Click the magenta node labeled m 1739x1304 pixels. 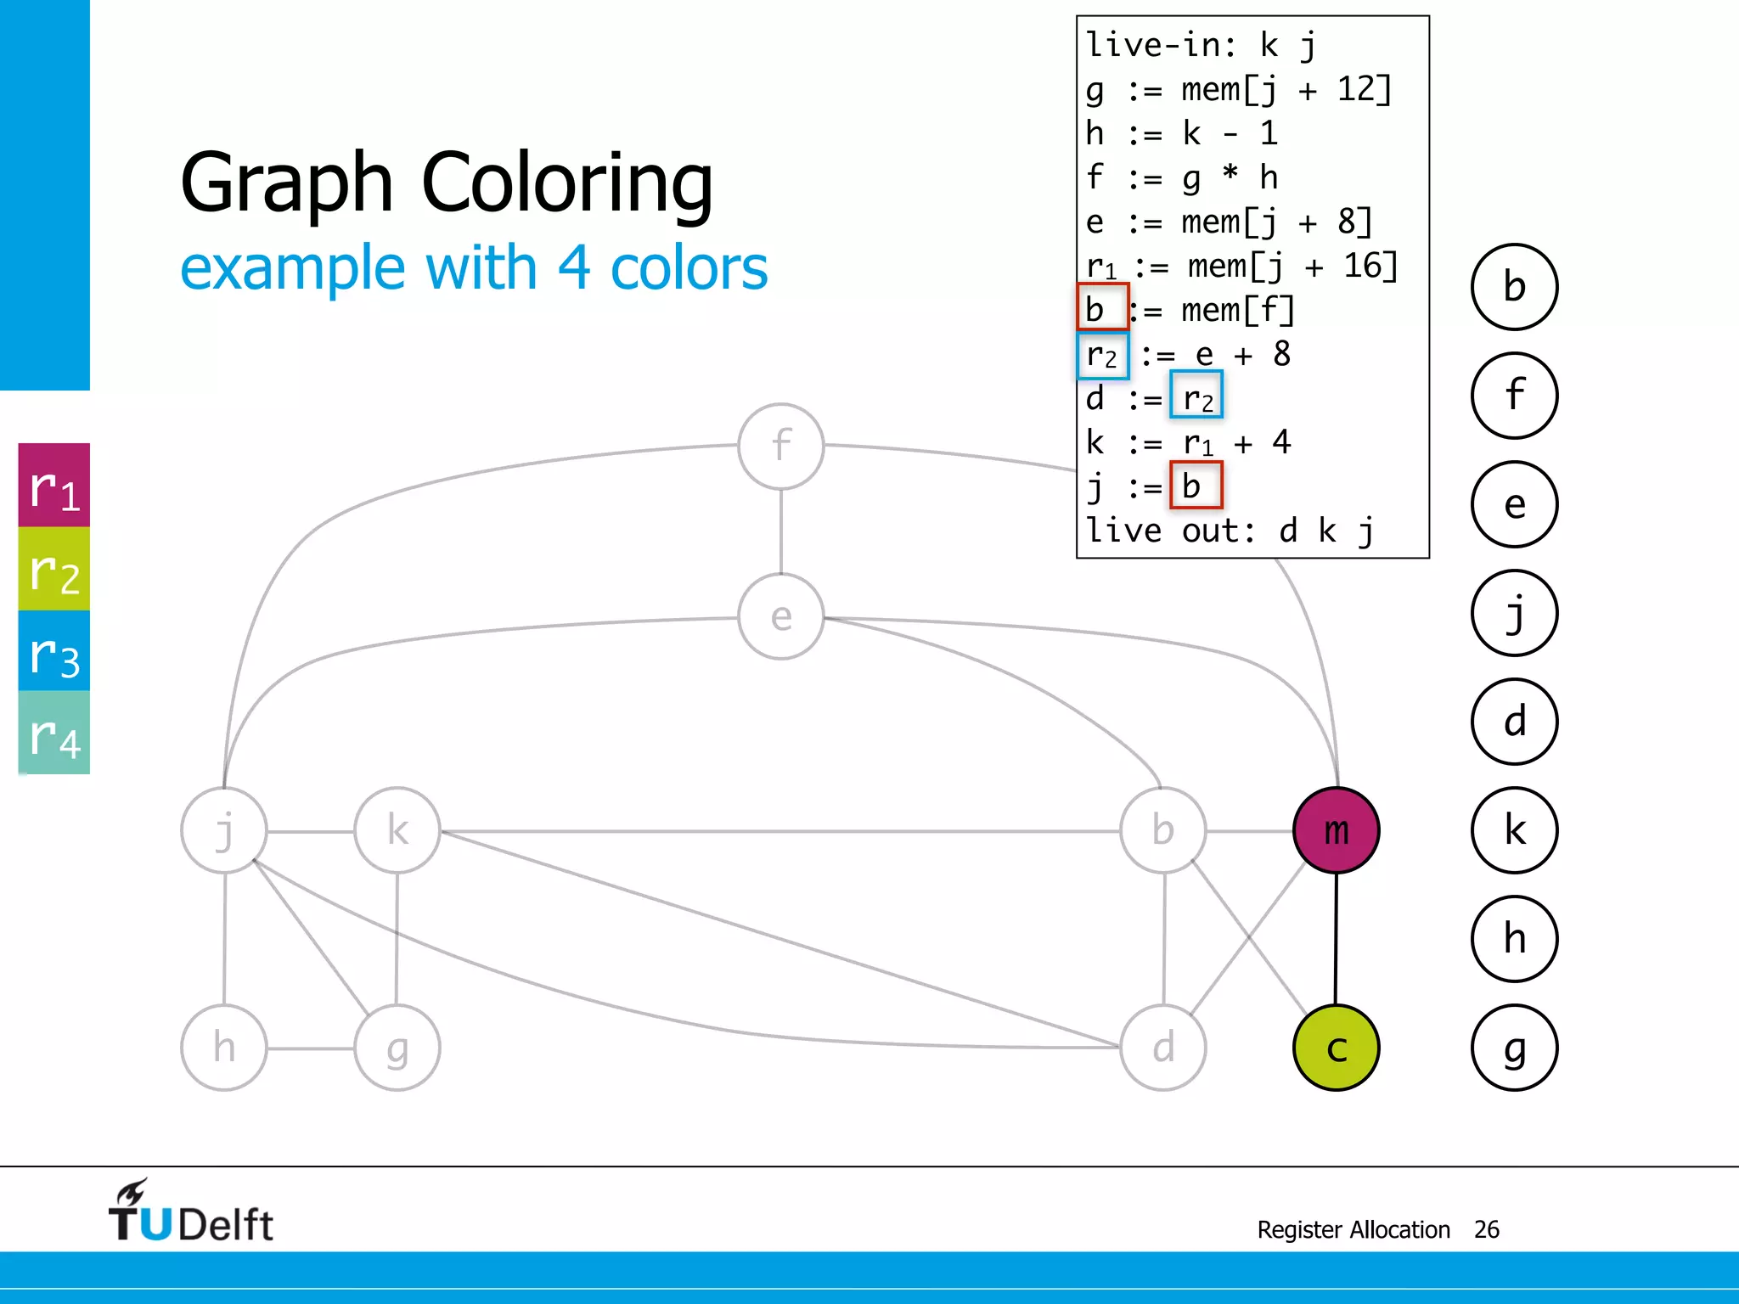point(1336,829)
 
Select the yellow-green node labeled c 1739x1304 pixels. point(1336,1048)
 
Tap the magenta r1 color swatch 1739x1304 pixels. point(54,486)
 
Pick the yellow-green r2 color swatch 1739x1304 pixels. point(54,569)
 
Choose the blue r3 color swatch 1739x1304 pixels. point(54,651)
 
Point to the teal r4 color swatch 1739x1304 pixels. point(54,733)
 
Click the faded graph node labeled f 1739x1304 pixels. point(780,446)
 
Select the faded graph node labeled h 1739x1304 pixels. point(224,1048)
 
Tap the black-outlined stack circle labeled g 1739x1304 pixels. point(1514,1048)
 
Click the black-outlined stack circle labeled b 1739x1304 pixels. point(1514,287)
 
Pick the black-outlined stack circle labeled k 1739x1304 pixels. point(1514,830)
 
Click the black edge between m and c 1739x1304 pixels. point(1336,938)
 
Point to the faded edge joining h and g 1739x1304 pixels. point(311,1048)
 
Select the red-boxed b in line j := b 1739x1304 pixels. point(1195,486)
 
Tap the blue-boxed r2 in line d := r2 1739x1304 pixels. point(1196,396)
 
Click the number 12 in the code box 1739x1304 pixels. point(1353,88)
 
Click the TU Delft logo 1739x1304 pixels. point(190,1212)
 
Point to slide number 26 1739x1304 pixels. point(1486,1229)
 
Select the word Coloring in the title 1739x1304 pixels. point(567,183)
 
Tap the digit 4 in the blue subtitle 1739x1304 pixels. point(573,267)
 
